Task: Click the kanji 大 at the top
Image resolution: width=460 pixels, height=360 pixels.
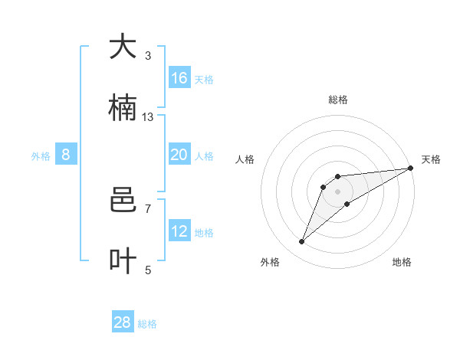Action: click(x=123, y=47)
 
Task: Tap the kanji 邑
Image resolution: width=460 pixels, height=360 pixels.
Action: click(x=123, y=201)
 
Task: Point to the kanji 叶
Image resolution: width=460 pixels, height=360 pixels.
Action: click(x=123, y=260)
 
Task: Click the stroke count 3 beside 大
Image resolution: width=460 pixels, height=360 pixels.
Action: click(x=148, y=56)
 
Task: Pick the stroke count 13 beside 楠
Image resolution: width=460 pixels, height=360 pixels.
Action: click(x=148, y=116)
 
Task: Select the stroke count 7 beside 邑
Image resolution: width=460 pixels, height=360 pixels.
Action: click(x=148, y=208)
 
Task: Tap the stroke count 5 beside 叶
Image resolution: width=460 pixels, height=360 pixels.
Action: click(x=148, y=270)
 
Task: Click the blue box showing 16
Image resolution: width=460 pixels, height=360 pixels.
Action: click(x=179, y=78)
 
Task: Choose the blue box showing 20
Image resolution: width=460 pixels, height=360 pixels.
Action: click(x=179, y=155)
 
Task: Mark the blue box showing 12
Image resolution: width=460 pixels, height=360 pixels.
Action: click(x=179, y=231)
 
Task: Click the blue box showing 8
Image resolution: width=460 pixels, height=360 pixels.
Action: click(x=66, y=155)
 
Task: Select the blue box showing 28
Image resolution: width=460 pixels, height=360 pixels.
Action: click(x=123, y=322)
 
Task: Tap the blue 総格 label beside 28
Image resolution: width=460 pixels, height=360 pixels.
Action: click(x=147, y=324)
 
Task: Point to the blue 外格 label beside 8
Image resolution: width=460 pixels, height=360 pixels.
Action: click(x=41, y=156)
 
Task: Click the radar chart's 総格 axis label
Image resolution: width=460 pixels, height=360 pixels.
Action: click(x=337, y=100)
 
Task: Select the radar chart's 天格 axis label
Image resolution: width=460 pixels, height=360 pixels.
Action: click(x=431, y=159)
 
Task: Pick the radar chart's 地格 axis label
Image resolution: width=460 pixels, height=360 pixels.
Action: click(x=402, y=262)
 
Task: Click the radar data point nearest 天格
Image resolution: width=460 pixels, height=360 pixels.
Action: click(x=410, y=168)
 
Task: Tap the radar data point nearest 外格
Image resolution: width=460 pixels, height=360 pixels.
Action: click(x=302, y=242)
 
